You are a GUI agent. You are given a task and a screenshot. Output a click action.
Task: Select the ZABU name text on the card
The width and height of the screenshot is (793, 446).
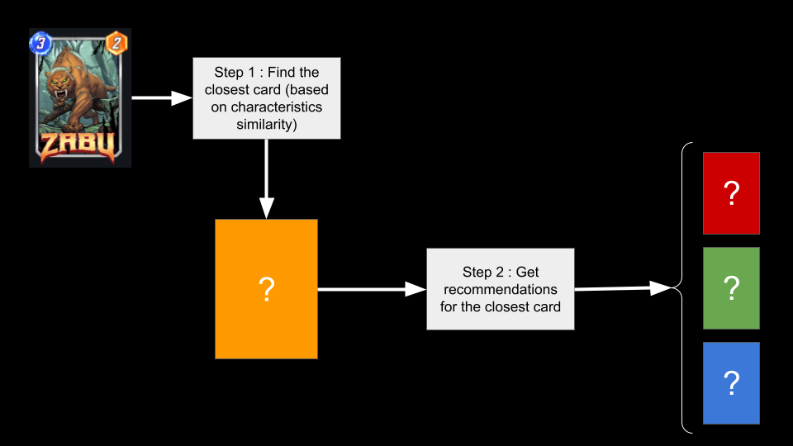coord(79,147)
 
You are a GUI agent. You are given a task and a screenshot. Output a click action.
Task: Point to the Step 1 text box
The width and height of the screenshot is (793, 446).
coord(266,98)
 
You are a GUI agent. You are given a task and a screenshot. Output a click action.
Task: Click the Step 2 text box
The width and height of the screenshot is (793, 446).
coord(500,289)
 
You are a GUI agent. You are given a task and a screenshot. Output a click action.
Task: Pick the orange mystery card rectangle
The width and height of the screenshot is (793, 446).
coord(266,289)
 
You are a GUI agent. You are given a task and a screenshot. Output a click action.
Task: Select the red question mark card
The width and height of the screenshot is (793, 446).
coord(731,193)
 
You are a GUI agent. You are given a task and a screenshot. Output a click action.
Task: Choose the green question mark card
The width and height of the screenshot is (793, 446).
coord(731,288)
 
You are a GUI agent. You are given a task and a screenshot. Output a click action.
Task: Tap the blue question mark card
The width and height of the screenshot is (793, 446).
coord(731,383)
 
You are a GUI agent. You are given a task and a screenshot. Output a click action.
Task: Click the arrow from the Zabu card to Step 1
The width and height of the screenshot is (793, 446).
coord(162,98)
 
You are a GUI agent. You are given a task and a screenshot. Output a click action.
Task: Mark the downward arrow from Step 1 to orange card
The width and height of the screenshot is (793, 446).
coord(266,178)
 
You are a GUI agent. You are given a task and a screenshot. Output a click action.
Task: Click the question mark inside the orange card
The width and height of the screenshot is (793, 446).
coord(266,290)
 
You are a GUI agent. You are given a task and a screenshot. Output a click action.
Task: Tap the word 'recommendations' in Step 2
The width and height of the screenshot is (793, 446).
coord(500,289)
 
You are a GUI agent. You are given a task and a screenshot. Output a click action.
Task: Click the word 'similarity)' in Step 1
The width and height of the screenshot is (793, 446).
coord(266,125)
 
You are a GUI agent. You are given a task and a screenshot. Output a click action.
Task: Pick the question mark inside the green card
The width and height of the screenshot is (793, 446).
coord(731,288)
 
